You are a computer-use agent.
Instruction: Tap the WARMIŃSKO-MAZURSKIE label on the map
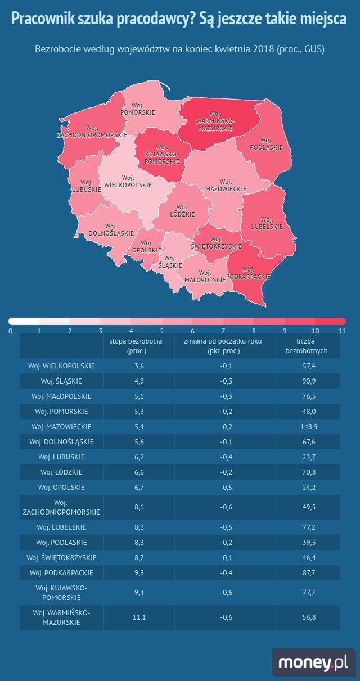[215, 121]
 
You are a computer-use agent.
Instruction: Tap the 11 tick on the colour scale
[342, 331]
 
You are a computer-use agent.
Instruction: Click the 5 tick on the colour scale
[161, 331]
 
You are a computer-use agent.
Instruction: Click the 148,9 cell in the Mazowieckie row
[309, 427]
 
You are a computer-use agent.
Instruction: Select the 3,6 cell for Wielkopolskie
[139, 366]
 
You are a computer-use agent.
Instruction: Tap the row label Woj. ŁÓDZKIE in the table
[61, 472]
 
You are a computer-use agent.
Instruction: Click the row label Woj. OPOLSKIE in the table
[61, 488]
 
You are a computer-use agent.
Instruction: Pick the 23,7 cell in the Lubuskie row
[309, 457]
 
